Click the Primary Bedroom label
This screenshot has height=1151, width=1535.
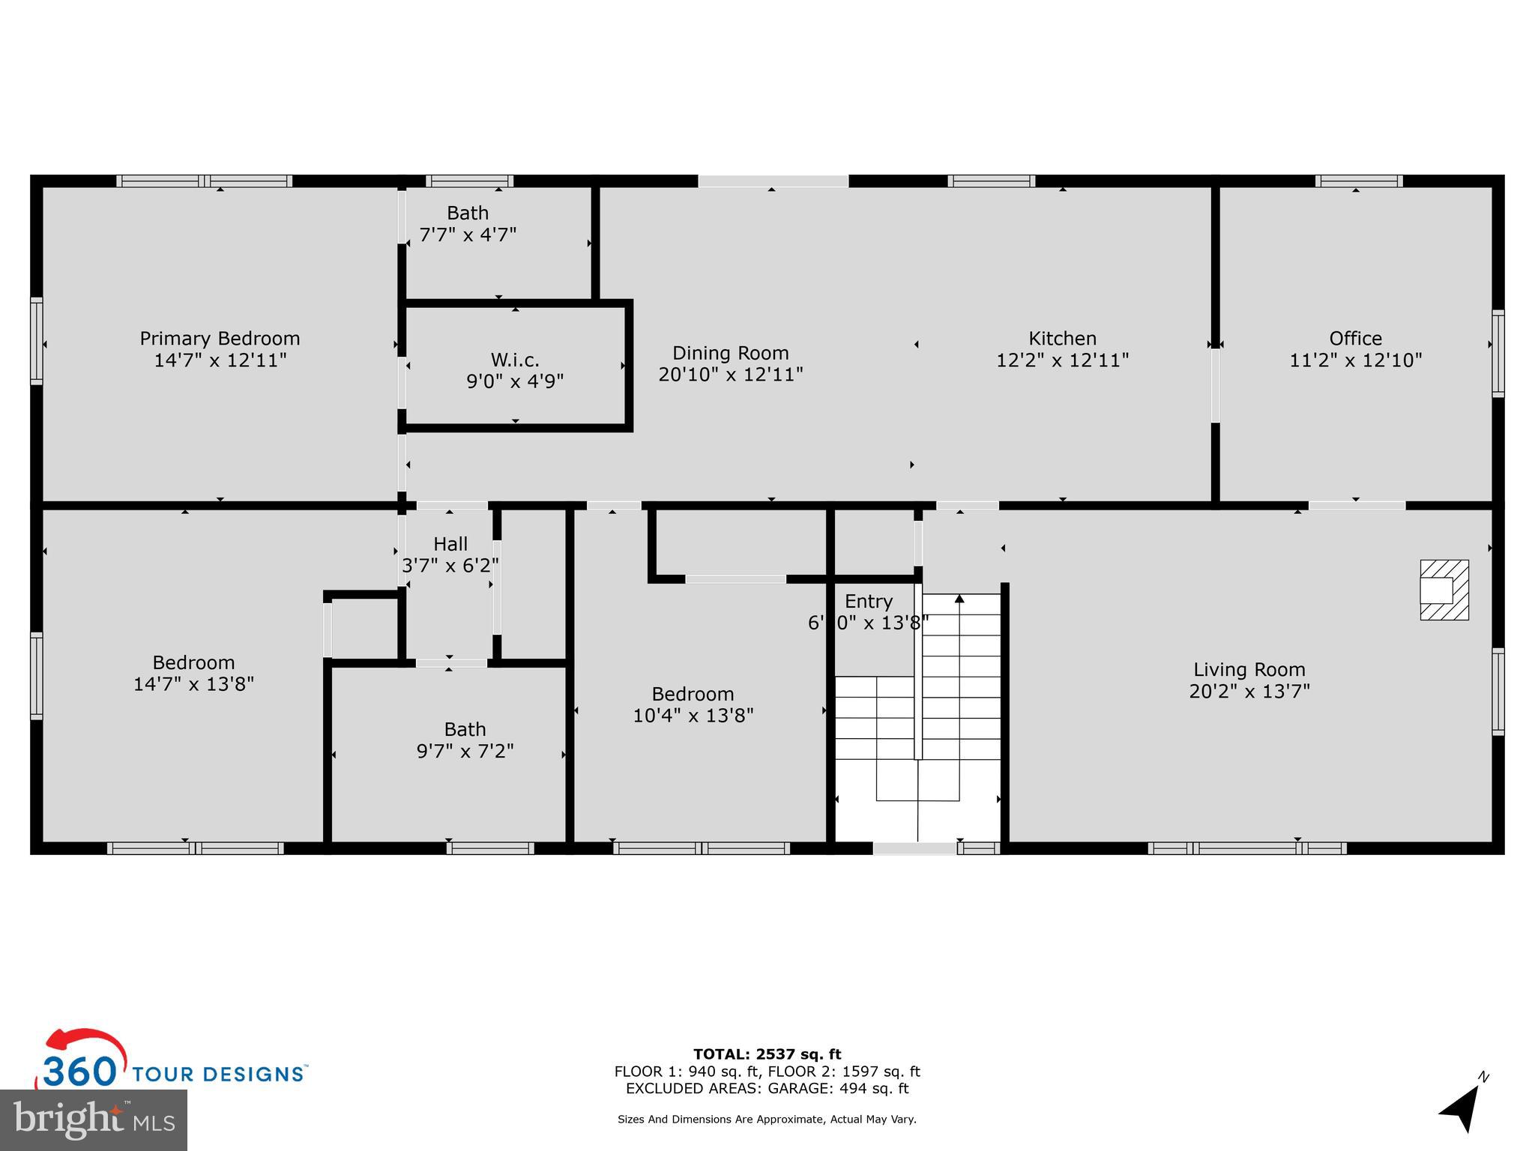point(220,339)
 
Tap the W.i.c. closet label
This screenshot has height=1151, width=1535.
point(515,360)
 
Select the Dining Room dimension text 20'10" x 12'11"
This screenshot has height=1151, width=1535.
point(731,374)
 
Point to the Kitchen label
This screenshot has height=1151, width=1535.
point(1062,339)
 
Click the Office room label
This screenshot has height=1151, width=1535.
point(1355,339)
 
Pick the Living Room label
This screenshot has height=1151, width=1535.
point(1249,670)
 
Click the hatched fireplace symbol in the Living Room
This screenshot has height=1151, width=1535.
point(1444,590)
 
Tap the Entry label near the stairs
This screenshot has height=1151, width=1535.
point(868,602)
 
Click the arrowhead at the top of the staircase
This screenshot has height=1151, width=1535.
point(959,598)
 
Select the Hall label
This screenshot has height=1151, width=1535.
point(450,544)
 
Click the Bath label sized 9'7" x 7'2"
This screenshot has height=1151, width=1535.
point(465,730)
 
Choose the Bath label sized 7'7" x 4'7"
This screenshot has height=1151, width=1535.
point(468,214)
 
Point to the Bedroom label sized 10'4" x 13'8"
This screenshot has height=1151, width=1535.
point(693,695)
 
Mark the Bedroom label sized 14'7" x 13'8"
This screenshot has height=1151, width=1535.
point(193,663)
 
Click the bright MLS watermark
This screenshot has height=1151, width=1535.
point(93,1120)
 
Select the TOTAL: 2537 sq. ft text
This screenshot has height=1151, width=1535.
point(767,1054)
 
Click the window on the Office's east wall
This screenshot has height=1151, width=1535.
point(1498,354)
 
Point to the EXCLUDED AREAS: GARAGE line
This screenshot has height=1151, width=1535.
point(767,1088)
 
